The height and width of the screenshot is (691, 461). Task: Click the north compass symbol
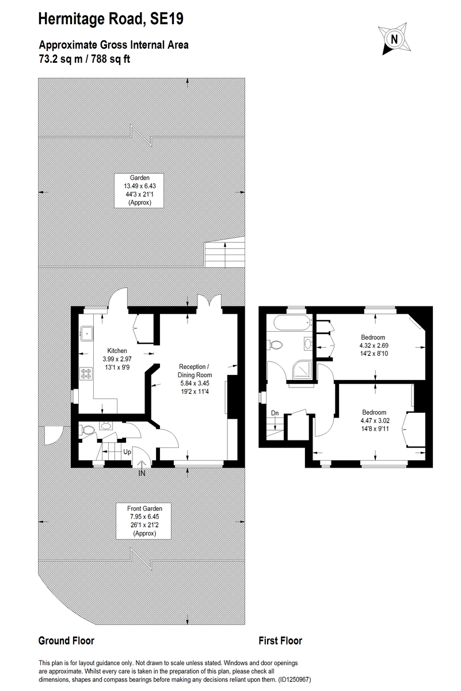394,39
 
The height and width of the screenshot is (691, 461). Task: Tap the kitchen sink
87,332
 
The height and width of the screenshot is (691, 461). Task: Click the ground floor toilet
88,430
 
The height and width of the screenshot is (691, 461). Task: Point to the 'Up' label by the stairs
127,452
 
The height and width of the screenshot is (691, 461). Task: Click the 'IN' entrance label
142,473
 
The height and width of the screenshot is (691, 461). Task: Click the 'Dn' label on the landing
275,413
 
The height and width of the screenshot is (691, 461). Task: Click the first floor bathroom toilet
277,345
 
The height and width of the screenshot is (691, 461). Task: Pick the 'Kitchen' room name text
117,351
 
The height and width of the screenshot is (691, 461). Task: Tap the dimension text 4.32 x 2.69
373,346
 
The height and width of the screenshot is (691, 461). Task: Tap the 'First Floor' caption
280,641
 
